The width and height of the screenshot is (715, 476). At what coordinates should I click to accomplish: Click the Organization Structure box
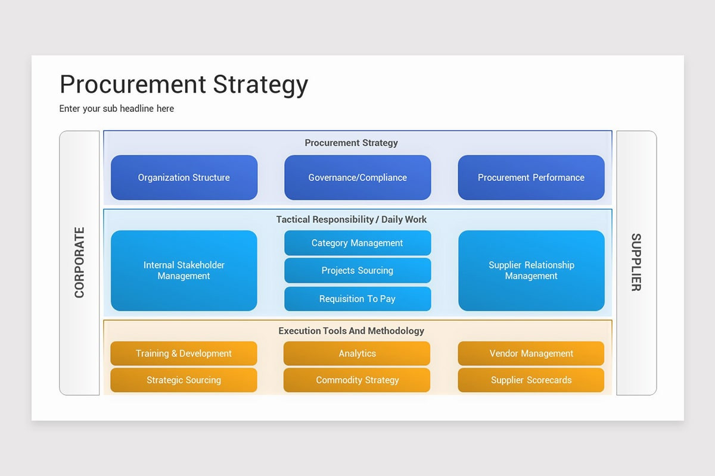184,177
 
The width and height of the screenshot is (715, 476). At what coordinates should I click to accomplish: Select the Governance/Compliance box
357,177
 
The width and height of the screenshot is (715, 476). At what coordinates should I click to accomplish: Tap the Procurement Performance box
531,177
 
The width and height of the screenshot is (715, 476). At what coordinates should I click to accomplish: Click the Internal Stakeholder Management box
184,271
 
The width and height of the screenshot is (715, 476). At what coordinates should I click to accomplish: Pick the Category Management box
357,243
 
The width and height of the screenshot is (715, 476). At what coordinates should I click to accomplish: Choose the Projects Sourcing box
357,270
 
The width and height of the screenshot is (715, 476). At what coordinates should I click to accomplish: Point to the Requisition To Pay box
357,299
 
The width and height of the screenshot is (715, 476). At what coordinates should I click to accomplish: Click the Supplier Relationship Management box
531,271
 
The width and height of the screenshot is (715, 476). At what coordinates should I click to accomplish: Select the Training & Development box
184,353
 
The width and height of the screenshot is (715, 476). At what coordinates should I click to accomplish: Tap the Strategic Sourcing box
184,380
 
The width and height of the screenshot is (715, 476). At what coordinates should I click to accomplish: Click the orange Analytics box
357,353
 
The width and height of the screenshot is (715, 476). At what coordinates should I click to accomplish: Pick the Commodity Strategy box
357,380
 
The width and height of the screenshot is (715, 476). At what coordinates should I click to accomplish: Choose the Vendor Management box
531,353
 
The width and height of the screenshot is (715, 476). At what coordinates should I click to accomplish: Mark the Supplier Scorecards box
531,380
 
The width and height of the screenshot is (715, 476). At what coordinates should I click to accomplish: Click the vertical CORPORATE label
79,262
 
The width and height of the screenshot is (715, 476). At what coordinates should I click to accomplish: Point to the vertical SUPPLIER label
636,262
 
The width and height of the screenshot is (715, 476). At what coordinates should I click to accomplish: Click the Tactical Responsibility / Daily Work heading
352,220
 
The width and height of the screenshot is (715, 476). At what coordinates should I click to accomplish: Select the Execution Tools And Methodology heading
352,331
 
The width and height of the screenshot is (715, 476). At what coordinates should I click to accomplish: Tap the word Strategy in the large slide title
260,84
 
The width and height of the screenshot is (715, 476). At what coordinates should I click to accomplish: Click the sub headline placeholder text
117,108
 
